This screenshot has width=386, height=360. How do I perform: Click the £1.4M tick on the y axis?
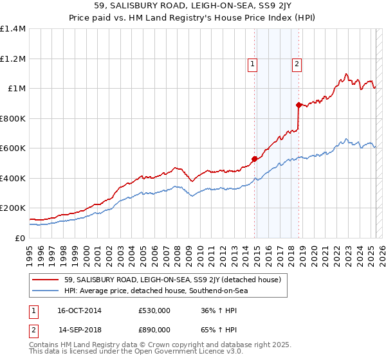pyautogui.click(x=14, y=29)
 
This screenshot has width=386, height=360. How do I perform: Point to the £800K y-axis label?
pyautogui.click(x=13, y=118)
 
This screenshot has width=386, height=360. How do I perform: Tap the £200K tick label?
pyautogui.click(x=13, y=208)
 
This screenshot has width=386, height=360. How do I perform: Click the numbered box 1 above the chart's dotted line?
pyautogui.click(x=253, y=64)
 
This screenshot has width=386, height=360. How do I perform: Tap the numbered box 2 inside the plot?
pyautogui.click(x=297, y=64)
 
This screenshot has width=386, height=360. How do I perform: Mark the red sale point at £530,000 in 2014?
pyautogui.click(x=254, y=159)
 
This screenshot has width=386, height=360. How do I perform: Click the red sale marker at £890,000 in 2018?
pyautogui.click(x=299, y=105)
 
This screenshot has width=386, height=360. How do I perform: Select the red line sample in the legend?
pyautogui.click(x=46, y=280)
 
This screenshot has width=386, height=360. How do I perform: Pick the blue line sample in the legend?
pyautogui.click(x=46, y=291)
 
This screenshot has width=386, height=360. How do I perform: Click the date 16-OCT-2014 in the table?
pyautogui.click(x=79, y=310)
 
